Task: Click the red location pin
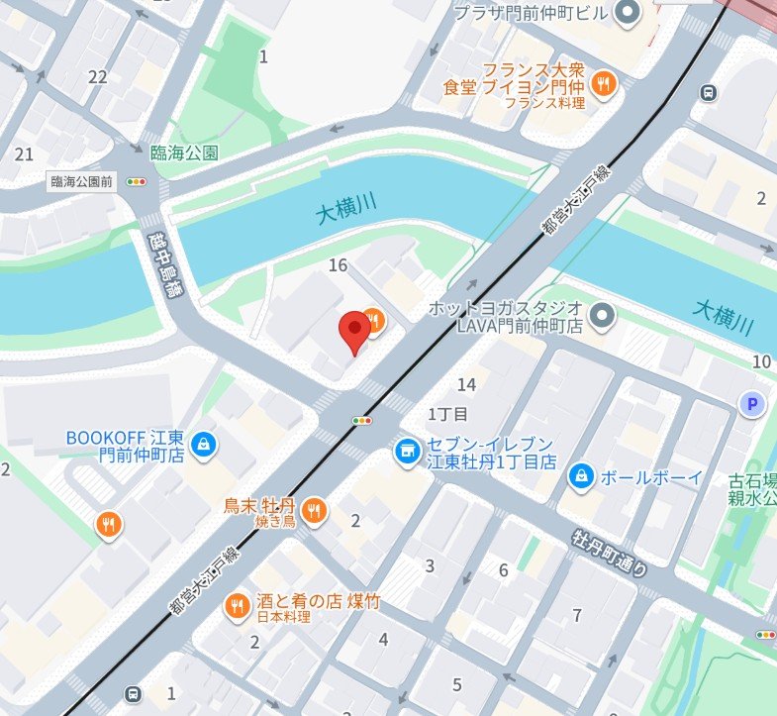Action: click(354, 332)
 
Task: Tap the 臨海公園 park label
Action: click(184, 153)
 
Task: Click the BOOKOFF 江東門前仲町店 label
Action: click(126, 446)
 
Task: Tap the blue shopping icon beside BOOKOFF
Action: click(203, 442)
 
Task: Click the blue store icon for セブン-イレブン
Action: click(404, 452)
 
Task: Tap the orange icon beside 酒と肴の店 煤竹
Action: click(236, 604)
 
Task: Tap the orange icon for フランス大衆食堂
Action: click(604, 84)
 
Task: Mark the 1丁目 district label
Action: click(447, 412)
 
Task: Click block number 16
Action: click(339, 264)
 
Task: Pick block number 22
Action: click(97, 77)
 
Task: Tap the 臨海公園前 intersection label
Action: click(81, 182)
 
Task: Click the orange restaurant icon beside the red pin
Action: click(372, 319)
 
